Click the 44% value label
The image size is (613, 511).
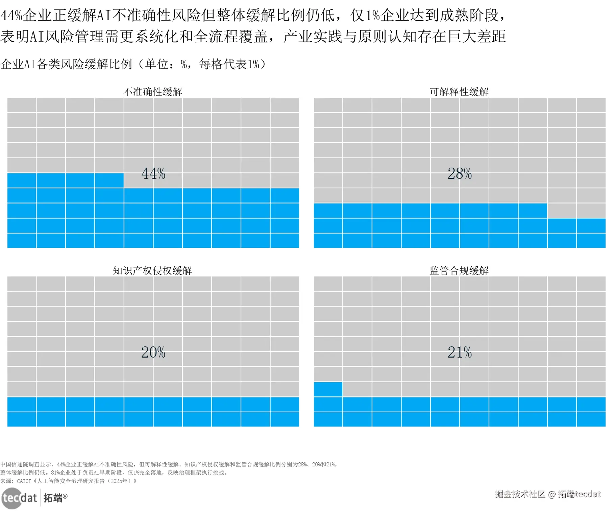(x=153, y=174)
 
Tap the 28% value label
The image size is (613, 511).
(x=460, y=174)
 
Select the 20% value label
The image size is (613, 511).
(x=153, y=352)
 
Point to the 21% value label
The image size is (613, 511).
(x=460, y=352)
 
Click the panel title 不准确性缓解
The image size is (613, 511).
(x=152, y=92)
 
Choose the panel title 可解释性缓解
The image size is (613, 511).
(x=459, y=92)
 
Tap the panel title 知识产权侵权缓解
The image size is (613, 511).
(x=152, y=270)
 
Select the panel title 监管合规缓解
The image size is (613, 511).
(x=459, y=270)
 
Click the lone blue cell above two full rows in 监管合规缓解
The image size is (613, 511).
(x=328, y=389)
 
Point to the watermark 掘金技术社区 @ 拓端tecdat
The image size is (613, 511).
(x=548, y=494)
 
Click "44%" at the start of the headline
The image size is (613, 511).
(x=11, y=15)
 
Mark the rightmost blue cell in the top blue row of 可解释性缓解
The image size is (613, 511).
(x=533, y=211)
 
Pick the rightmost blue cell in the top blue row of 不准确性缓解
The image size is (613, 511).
(x=109, y=180)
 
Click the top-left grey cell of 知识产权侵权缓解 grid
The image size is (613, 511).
(x=22, y=284)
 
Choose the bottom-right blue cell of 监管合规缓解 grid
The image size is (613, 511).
(x=591, y=419)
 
